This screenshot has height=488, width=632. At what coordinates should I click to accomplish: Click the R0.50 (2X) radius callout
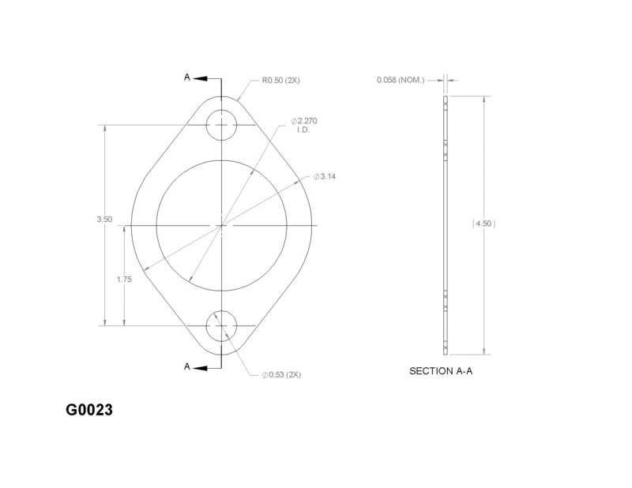[281, 81]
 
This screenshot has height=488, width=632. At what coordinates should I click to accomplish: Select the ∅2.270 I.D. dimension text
[304, 126]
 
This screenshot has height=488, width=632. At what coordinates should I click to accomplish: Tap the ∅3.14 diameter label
[325, 177]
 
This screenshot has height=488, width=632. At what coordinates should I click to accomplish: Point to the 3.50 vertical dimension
[104, 220]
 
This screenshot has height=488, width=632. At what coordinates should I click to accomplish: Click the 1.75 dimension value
[124, 280]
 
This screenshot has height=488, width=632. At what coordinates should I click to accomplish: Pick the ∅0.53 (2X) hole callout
[281, 375]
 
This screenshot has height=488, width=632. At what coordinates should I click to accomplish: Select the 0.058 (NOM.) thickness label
[401, 81]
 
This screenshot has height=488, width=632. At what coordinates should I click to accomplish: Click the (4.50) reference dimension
[483, 223]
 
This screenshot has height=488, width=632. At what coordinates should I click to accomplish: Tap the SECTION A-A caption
[441, 371]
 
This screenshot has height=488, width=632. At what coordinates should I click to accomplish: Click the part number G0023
[89, 410]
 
